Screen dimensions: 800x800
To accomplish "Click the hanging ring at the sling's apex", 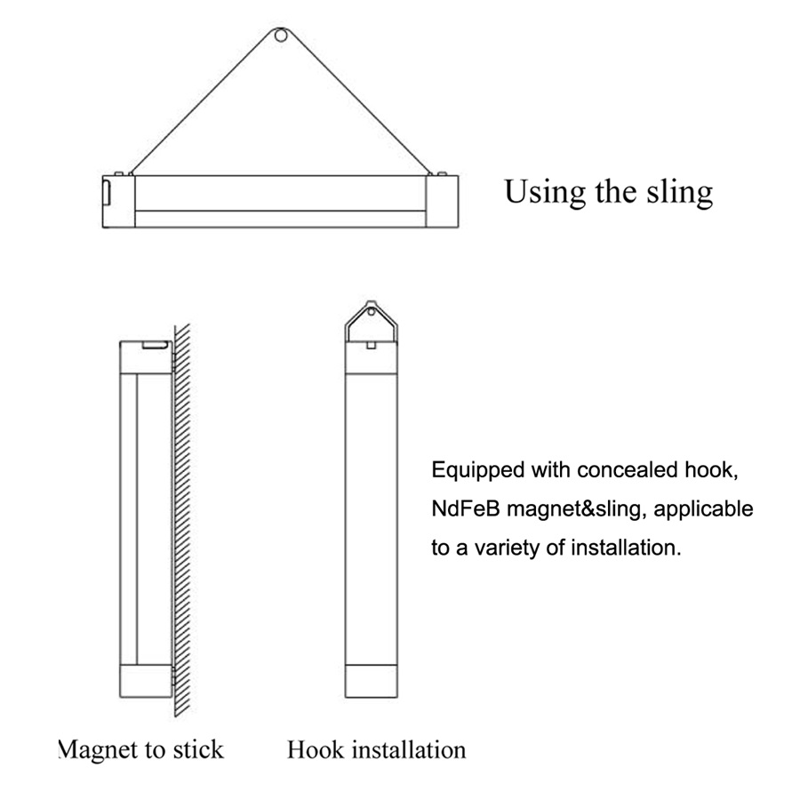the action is click(280, 30).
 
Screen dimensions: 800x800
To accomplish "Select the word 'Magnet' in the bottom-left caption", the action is click(98, 750).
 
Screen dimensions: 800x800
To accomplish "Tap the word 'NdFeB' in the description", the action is click(465, 508).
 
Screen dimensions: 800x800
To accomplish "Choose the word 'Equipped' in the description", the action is click(477, 470).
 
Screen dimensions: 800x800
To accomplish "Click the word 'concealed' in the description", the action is click(627, 470).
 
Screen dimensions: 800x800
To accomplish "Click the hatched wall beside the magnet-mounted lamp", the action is click(182, 519).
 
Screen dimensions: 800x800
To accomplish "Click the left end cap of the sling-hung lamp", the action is click(118, 202).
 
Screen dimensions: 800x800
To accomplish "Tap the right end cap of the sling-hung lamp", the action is click(443, 202).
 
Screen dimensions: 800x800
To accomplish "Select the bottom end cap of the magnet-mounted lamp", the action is click(146, 681).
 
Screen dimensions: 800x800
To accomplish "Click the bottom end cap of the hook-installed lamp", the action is click(371, 681).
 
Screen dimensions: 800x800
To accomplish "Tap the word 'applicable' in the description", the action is click(704, 509).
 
